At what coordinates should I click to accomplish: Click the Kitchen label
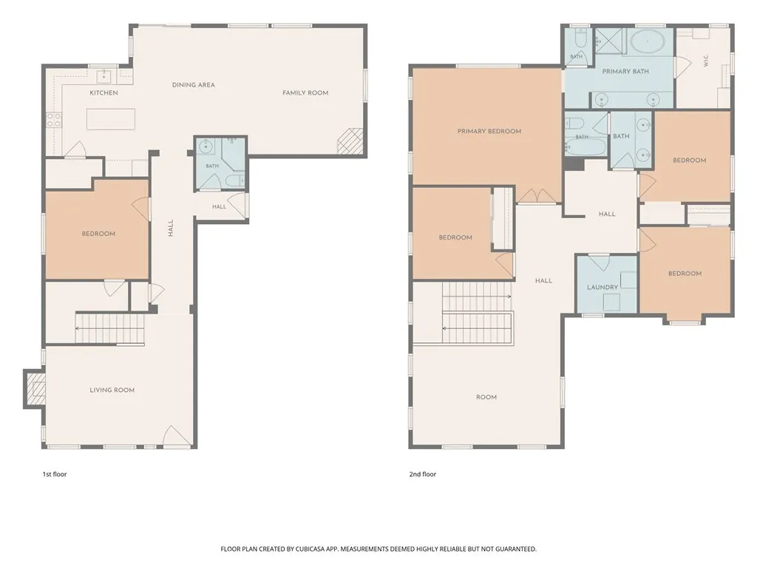point(103,92)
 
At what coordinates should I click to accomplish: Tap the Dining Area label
point(194,85)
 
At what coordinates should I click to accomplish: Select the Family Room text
point(305,92)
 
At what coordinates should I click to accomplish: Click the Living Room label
point(112,390)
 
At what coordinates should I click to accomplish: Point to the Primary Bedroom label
point(489,131)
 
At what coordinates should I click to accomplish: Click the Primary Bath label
point(625,72)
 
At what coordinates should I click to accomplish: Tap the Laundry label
point(602,288)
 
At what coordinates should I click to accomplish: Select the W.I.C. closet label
point(706,61)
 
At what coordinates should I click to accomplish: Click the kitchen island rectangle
point(111,119)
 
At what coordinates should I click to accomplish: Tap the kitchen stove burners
point(53,121)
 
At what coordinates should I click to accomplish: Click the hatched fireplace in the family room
point(350,141)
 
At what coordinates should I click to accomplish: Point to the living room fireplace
point(35,389)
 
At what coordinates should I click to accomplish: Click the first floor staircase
point(110,329)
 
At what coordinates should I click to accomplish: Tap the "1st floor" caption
point(55,474)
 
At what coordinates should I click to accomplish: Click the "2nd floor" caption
point(422,474)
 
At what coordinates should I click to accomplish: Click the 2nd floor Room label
point(486,397)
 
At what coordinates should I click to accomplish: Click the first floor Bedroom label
point(98,234)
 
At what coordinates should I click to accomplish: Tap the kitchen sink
point(104,76)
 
